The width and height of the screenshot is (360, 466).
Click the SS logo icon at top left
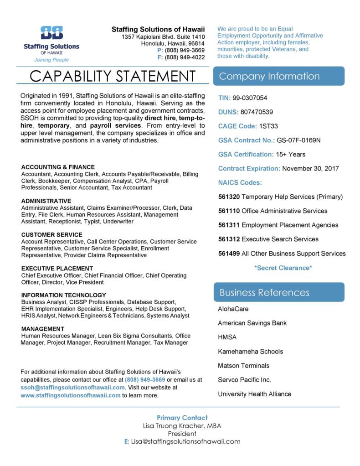pyautogui.click(x=51, y=34)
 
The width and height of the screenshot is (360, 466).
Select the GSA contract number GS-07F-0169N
pyautogui.click(x=299, y=140)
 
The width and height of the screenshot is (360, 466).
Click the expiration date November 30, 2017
pyautogui.click(x=310, y=168)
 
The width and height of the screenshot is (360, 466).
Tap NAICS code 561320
pyautogui.click(x=229, y=197)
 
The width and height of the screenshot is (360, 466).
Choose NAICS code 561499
pyautogui.click(x=229, y=254)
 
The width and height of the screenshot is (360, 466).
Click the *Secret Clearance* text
pyautogui.click(x=283, y=268)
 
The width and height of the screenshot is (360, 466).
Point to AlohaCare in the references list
pyautogui.click(x=233, y=309)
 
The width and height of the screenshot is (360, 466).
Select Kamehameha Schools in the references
pyautogui.click(x=250, y=351)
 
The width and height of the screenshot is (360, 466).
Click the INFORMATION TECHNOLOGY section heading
pyautogui.click(x=63, y=295)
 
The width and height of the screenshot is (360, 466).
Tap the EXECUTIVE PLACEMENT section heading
pyautogui.click(x=58, y=269)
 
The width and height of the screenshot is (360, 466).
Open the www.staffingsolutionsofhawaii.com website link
pyautogui.click(x=70, y=395)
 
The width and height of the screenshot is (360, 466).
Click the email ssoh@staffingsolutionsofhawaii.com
pyautogui.click(x=72, y=387)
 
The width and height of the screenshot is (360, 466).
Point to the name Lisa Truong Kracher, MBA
pyautogui.click(x=182, y=425)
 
